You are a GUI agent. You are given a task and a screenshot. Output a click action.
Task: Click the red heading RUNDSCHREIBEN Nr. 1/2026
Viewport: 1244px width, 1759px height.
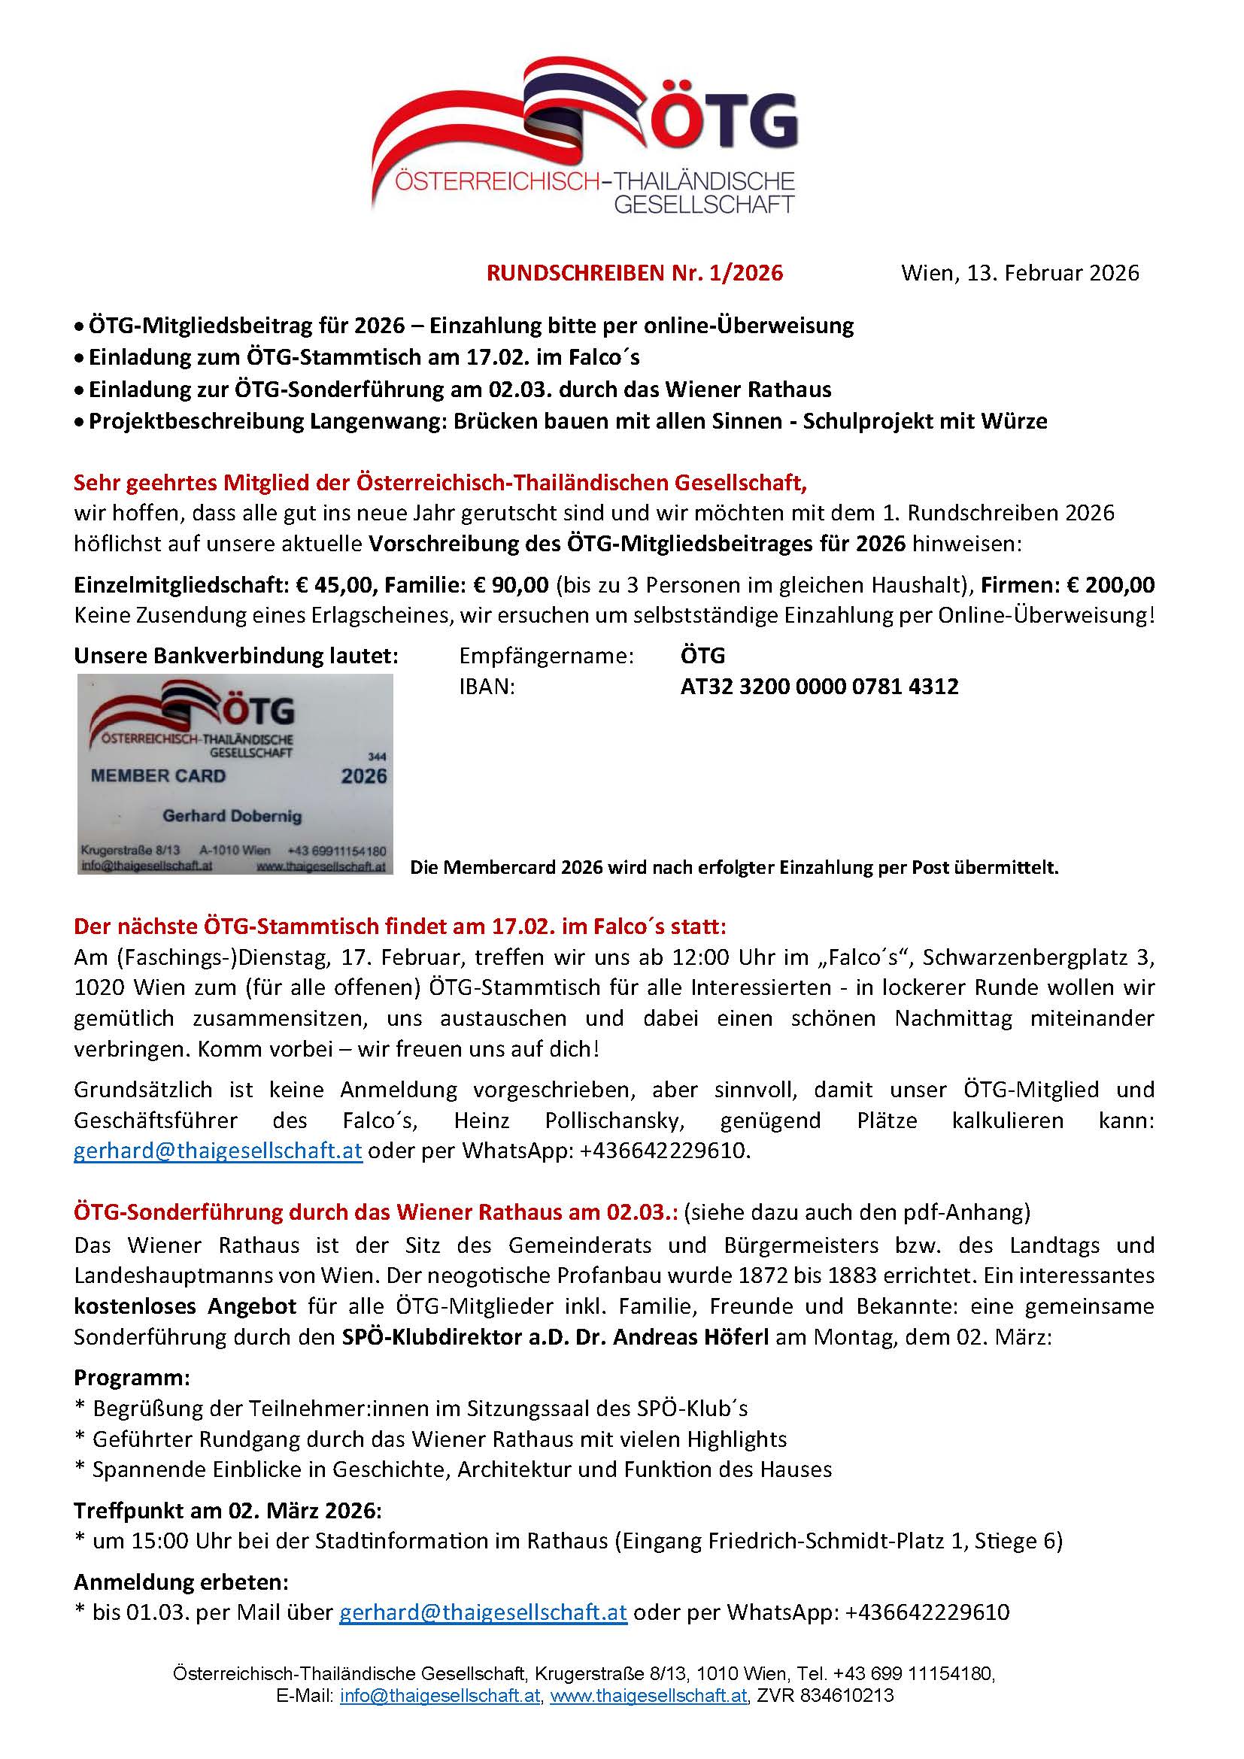coord(634,274)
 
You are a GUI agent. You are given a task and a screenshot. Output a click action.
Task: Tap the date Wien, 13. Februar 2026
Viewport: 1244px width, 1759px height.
coord(1020,274)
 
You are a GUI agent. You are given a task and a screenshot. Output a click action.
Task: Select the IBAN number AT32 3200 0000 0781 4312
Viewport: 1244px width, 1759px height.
coord(819,687)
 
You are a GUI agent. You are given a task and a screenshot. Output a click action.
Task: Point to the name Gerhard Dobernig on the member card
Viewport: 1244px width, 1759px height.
coord(232,816)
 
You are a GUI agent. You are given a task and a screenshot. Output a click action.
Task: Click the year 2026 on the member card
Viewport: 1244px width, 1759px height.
coord(364,777)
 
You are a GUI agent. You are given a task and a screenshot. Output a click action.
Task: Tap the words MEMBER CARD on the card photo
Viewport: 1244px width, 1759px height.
coord(158,776)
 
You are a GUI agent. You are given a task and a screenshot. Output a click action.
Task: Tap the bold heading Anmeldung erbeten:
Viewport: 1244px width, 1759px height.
coord(181,1582)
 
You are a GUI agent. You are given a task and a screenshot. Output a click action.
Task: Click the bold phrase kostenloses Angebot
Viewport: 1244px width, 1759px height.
coord(184,1306)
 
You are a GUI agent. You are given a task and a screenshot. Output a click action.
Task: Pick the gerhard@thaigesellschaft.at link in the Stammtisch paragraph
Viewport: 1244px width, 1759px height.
coord(217,1151)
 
